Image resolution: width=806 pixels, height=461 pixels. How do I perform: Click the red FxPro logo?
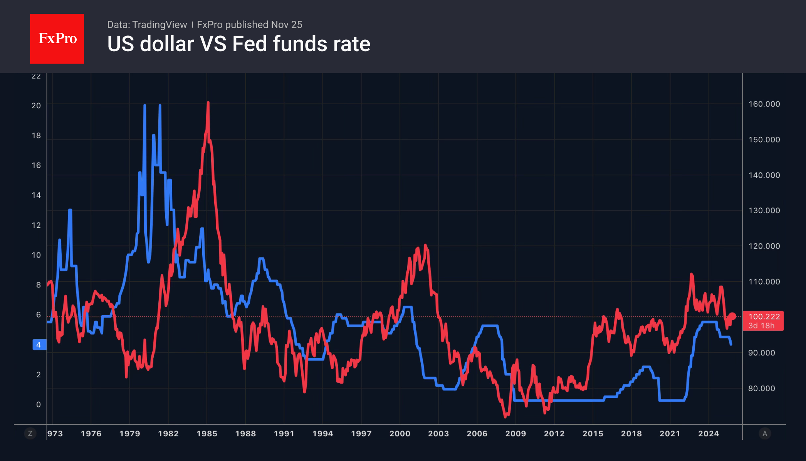click(57, 39)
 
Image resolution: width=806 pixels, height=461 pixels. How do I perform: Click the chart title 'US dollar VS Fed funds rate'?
click(238, 44)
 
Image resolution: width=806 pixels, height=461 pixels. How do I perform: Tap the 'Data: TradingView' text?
click(147, 25)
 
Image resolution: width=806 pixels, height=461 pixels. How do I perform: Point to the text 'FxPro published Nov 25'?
click(249, 25)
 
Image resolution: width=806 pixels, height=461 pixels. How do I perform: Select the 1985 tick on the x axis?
click(207, 434)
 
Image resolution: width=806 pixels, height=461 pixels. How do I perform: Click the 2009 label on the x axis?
click(516, 434)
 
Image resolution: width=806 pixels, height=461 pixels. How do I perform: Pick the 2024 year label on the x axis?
click(709, 434)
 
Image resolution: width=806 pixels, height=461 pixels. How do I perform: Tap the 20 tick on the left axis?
click(36, 106)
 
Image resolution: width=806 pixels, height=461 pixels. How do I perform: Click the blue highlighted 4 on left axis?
click(39, 345)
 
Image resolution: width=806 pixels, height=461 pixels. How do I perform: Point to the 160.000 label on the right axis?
click(764, 104)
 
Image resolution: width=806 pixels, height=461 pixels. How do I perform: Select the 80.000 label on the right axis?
click(761, 389)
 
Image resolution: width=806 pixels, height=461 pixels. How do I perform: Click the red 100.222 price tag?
click(763, 321)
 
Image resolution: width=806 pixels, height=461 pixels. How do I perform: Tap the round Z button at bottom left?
click(30, 434)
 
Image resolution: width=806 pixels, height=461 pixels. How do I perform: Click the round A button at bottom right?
click(765, 434)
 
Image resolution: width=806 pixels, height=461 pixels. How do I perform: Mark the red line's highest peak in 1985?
click(208, 103)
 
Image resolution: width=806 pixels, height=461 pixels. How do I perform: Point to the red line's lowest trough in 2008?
click(505, 417)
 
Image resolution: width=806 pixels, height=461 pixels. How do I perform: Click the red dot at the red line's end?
click(733, 316)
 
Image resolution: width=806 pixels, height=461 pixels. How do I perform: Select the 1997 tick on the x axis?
click(361, 434)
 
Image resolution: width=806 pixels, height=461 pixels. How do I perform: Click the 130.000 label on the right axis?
click(764, 210)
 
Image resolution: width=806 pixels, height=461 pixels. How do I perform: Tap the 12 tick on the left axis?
click(36, 225)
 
